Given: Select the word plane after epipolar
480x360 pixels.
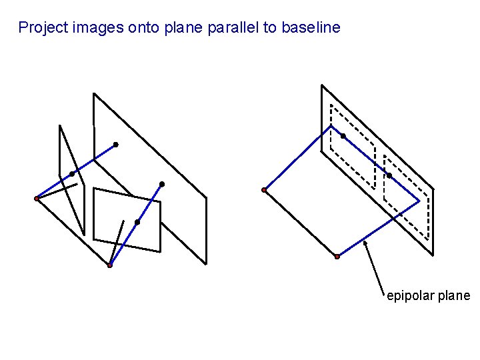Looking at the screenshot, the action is pos(454,296).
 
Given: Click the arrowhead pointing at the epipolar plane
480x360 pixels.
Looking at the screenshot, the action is pos(365,243).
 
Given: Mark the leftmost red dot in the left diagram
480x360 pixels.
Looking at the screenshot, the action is pos(37,198).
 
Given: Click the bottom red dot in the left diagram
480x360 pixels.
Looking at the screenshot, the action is pos(110,265).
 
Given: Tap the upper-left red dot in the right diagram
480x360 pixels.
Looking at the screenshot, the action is pos(264,190).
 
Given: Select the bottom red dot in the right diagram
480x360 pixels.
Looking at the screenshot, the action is pos(337,256).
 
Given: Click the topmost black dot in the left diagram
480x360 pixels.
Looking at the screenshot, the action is pos(115,144).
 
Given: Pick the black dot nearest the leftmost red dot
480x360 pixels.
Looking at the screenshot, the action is pos(72,174).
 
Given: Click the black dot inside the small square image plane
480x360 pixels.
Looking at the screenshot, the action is pos(137,221).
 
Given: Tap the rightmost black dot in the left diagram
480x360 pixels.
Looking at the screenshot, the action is pos(162,183).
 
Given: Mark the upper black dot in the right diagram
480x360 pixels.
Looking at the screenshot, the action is pos(343,136).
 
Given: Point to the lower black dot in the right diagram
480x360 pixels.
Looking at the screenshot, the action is pos(389,175).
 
